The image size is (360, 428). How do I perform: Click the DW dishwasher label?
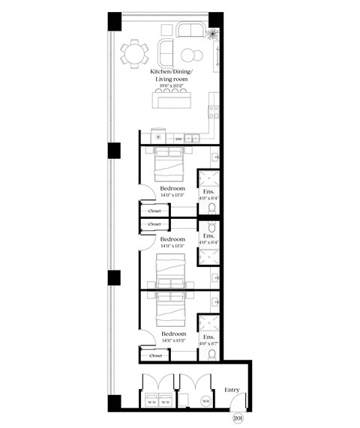178,139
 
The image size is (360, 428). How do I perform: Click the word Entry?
232,390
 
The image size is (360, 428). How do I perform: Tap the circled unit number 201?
238,418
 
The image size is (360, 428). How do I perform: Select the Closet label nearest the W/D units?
154,356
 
